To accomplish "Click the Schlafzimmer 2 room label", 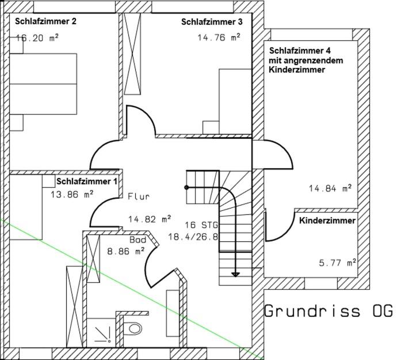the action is click(45, 21).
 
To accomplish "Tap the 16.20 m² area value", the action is click(37, 38).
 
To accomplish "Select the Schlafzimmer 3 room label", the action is click(212, 22).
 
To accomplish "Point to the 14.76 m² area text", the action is click(219, 37).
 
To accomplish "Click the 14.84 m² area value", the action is click(330, 188).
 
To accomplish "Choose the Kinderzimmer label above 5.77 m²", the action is click(327, 221).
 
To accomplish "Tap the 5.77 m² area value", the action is click(338, 263).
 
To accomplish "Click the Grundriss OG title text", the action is click(329, 310).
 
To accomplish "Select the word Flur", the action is click(139, 196).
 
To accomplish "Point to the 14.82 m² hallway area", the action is click(150, 219).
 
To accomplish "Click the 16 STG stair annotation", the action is click(201, 225).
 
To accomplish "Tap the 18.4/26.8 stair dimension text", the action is click(193, 237).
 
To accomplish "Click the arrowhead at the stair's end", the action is click(235, 274).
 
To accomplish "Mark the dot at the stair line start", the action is click(186, 187).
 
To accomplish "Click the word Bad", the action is click(138, 240).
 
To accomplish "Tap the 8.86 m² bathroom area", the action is click(126, 251).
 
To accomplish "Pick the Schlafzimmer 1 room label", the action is click(87, 181).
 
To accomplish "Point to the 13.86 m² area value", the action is click(72, 195).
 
